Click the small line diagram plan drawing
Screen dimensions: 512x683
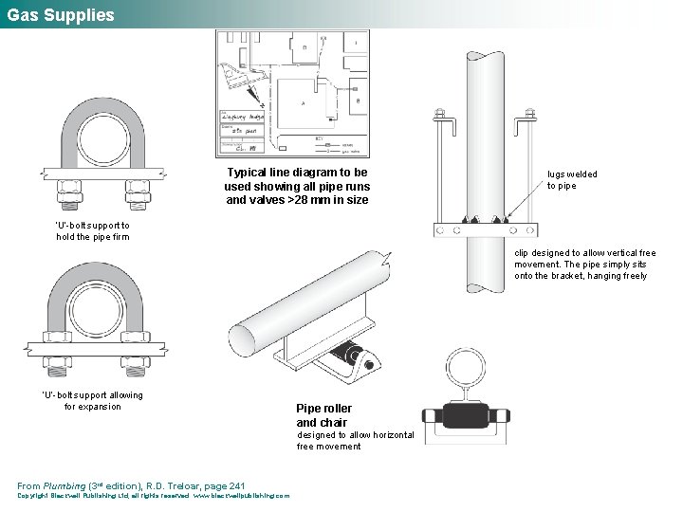tap(292, 93)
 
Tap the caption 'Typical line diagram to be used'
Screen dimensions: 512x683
tap(297, 186)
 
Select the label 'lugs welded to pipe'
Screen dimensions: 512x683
tap(572, 179)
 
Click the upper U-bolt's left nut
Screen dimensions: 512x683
tap(68, 184)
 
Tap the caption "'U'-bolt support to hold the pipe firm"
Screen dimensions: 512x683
tap(93, 230)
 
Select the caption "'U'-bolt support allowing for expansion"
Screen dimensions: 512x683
tap(93, 400)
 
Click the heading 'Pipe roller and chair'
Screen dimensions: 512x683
tap(323, 415)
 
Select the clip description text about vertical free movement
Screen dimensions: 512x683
tap(584, 265)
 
